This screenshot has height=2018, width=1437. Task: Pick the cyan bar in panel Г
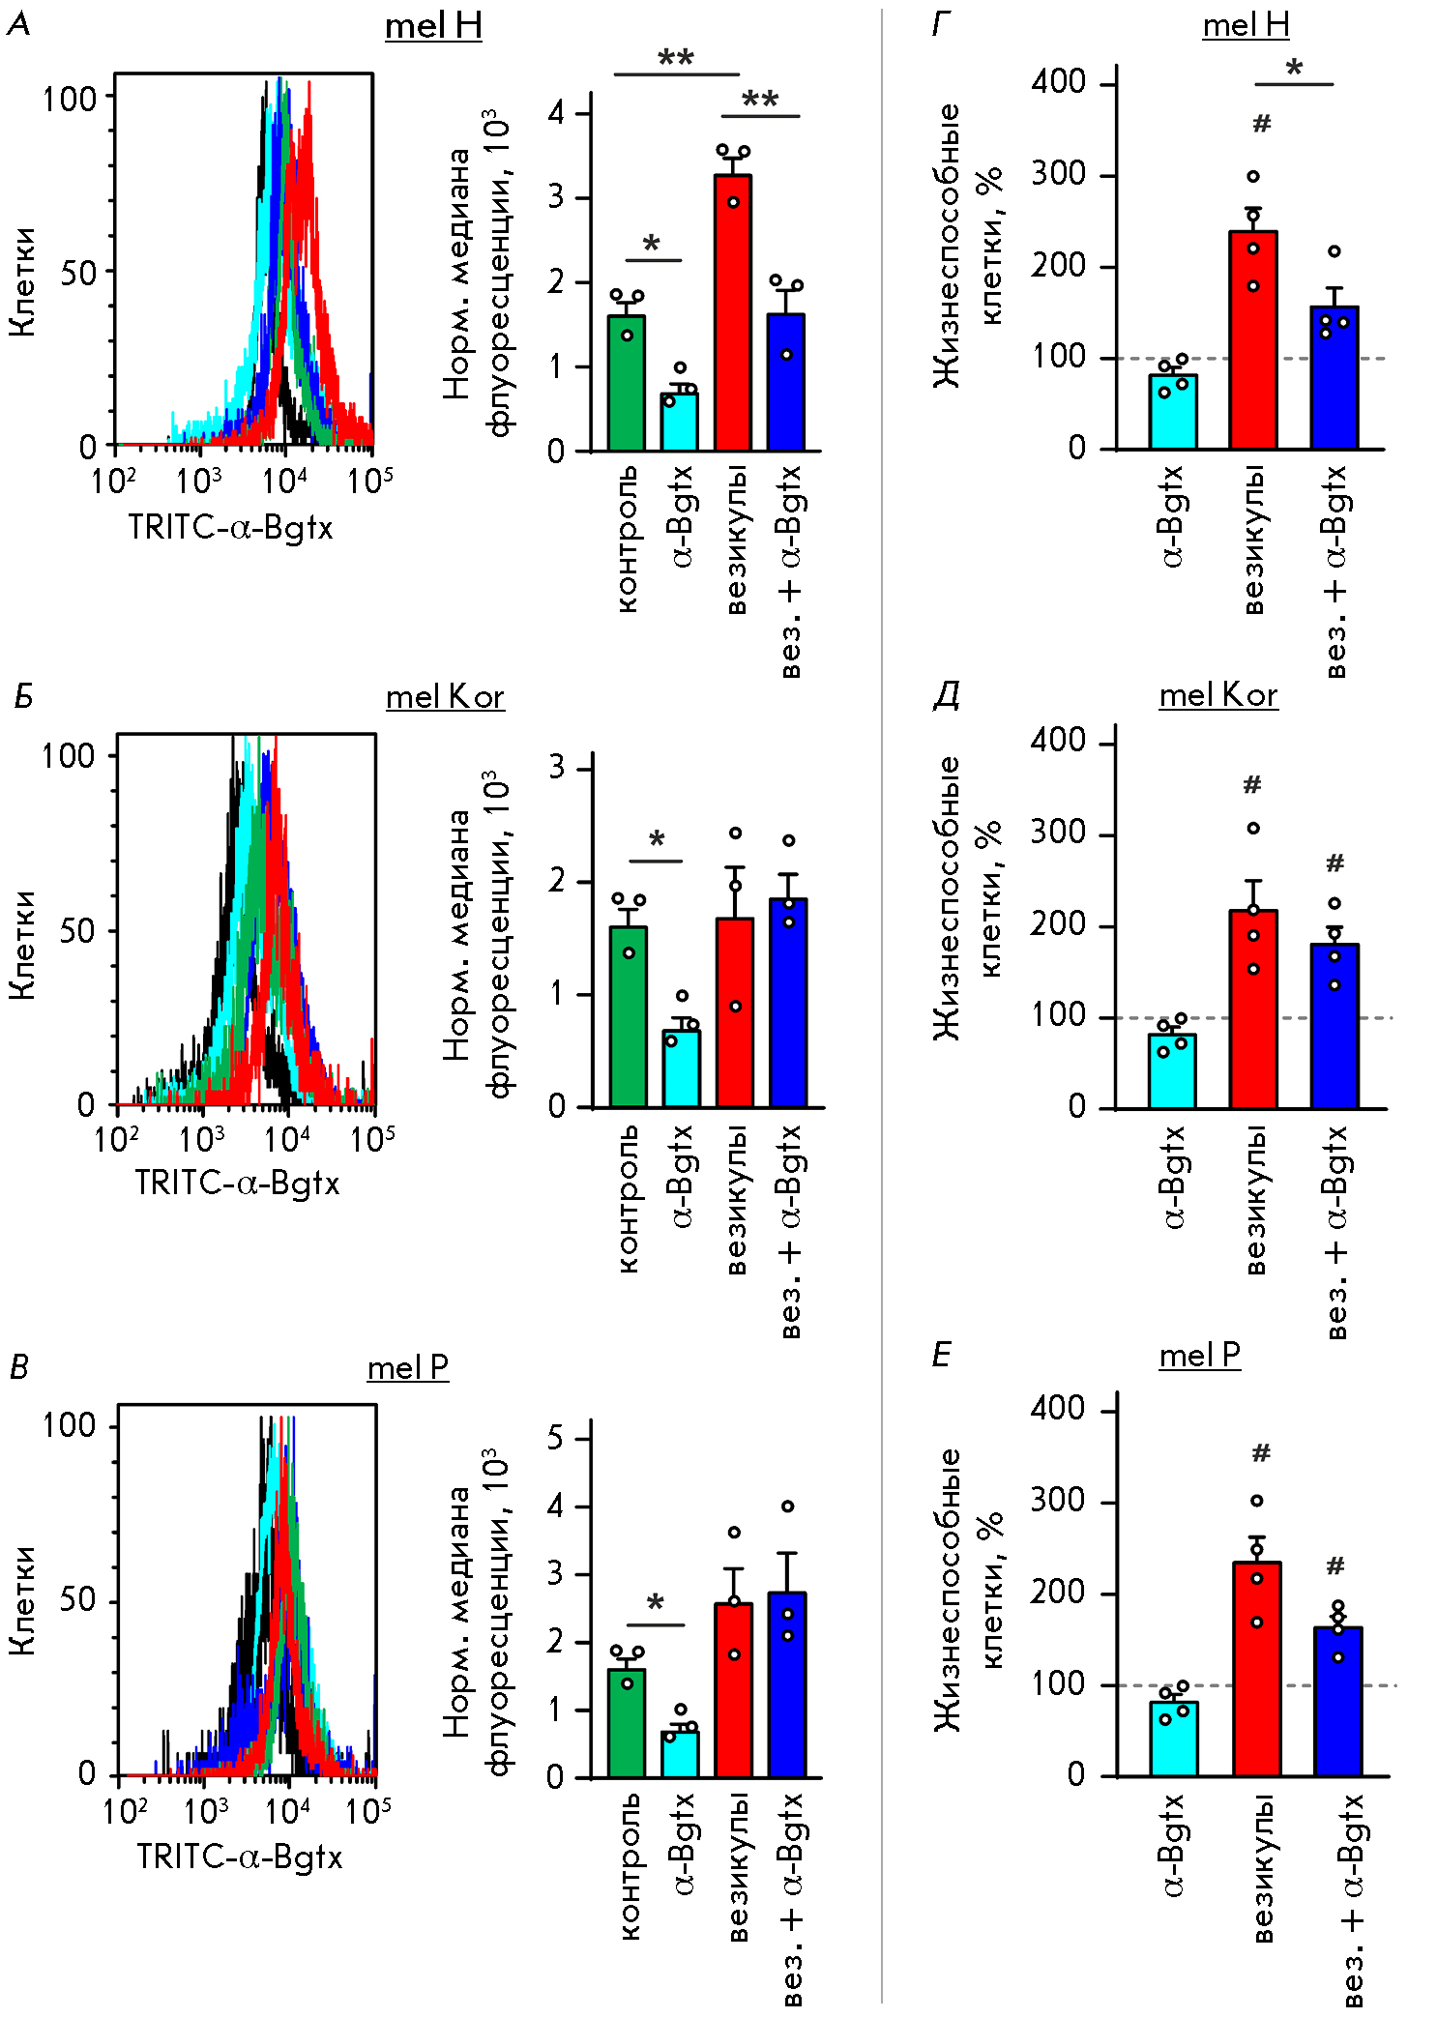coord(1173,412)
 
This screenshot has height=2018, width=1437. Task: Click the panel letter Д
coord(946,695)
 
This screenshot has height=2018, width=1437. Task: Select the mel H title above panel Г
coord(1246,25)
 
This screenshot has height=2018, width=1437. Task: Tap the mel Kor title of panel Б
coord(445,697)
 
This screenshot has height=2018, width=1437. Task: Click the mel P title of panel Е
coord(1199,1356)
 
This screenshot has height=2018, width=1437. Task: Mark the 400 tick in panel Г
coord(1058,82)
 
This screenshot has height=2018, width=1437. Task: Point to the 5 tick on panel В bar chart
coord(555,1438)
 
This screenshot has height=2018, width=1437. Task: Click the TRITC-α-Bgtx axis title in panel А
coord(230,528)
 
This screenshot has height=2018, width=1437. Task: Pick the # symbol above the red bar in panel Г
coord(1261,124)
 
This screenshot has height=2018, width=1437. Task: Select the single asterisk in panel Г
coord(1294,68)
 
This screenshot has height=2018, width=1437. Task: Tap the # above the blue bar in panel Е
coord(1335,1565)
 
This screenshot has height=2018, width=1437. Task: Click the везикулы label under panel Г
coord(1253,540)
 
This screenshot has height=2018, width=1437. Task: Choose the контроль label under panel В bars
coord(629,1867)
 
